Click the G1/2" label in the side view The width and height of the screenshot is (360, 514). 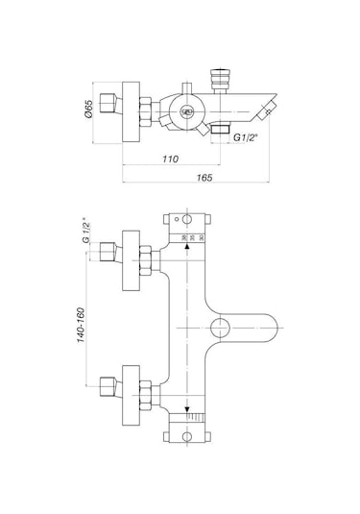coord(252,139)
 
